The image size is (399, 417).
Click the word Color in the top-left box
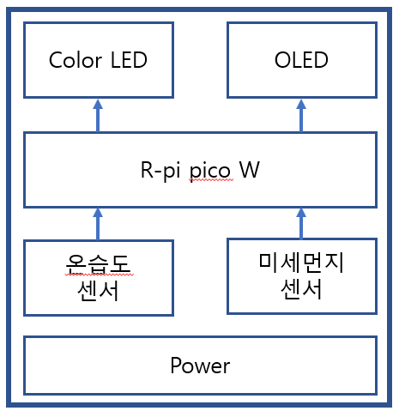[x=76, y=60]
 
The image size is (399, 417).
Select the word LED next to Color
[x=129, y=60]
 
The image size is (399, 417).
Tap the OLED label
[x=301, y=60]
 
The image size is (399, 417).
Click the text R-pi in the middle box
[x=160, y=170]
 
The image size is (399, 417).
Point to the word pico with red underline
[x=210, y=171]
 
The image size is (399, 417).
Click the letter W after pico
[x=250, y=170]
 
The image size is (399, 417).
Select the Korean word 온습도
[x=98, y=263]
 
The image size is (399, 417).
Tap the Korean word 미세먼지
[x=301, y=263]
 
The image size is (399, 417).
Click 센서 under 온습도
[x=98, y=291]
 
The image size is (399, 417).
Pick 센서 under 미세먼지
[x=301, y=289]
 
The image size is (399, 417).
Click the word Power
[x=200, y=366]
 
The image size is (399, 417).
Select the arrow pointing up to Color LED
[x=98, y=116]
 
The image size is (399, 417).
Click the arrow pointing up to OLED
[x=301, y=116]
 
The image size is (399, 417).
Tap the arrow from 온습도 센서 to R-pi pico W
[x=98, y=224]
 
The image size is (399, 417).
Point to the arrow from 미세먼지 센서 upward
[x=301, y=223]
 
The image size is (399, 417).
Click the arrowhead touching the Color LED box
[x=98, y=104]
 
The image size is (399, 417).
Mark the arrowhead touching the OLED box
[x=301, y=104]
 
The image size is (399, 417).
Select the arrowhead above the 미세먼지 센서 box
[x=301, y=212]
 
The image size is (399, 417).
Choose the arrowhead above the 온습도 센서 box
[x=98, y=212]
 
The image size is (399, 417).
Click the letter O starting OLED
[x=282, y=60]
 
